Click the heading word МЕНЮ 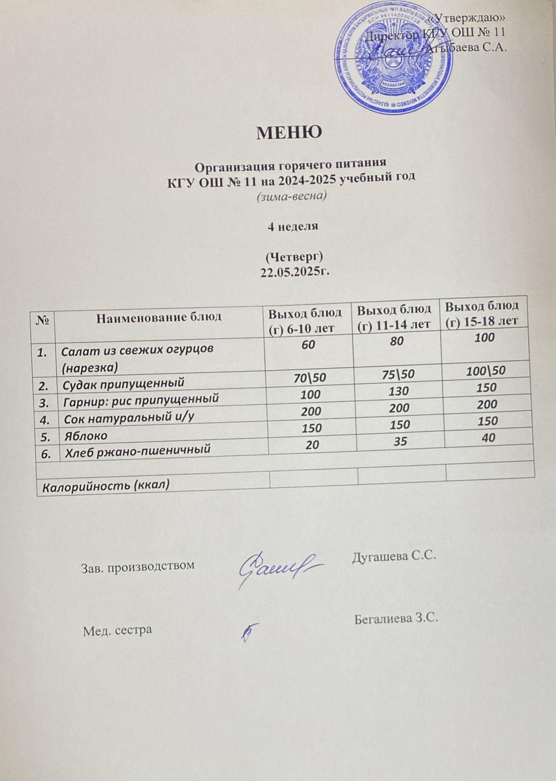click(x=289, y=132)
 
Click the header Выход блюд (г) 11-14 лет click(x=394, y=316)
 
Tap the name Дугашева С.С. click(x=393, y=555)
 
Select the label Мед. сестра click(x=117, y=630)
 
